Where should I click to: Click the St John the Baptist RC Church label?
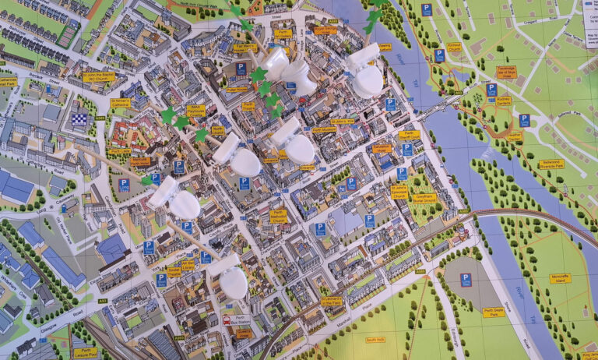tap(99, 77)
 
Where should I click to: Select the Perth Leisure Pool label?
tap(85, 352)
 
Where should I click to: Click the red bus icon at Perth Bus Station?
tap(227, 319)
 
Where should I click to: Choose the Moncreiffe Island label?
tap(559, 278)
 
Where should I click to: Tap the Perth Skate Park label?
tap(494, 312)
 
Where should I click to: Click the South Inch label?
tap(375, 340)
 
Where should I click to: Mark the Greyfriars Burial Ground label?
tap(425, 198)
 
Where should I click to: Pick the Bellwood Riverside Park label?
tap(551, 164)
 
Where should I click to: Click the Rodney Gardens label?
tap(502, 101)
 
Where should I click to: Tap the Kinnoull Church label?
tap(454, 47)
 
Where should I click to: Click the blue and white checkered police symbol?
tap(79, 119)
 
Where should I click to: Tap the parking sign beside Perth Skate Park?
tap(466, 279)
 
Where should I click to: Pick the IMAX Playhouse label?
tap(195, 111)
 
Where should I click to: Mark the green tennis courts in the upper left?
tap(69, 33)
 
